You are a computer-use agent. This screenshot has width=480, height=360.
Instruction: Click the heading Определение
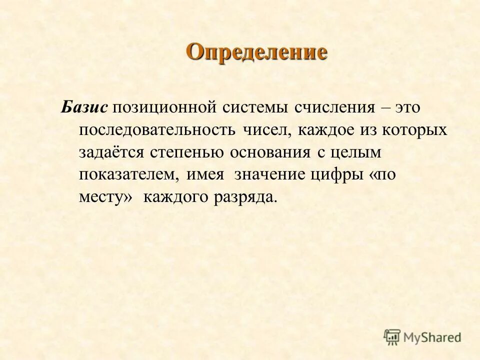point(257,52)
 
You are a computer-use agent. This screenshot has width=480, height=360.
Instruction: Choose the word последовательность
point(157,130)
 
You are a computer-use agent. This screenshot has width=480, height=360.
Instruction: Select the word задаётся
point(110,152)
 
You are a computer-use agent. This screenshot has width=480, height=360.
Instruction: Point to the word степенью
point(186,152)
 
